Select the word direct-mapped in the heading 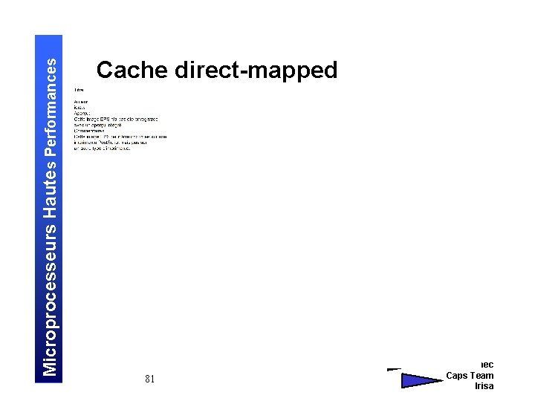tap(256, 71)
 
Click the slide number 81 tap(150, 379)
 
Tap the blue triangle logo tap(420, 380)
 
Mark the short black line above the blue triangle tap(394, 368)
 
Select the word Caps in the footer tap(457, 375)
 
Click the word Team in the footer tap(482, 375)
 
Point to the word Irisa tap(484, 386)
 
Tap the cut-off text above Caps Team tap(487, 364)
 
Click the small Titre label tap(78, 90)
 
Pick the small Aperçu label tap(82, 113)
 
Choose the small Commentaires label tap(90, 131)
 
